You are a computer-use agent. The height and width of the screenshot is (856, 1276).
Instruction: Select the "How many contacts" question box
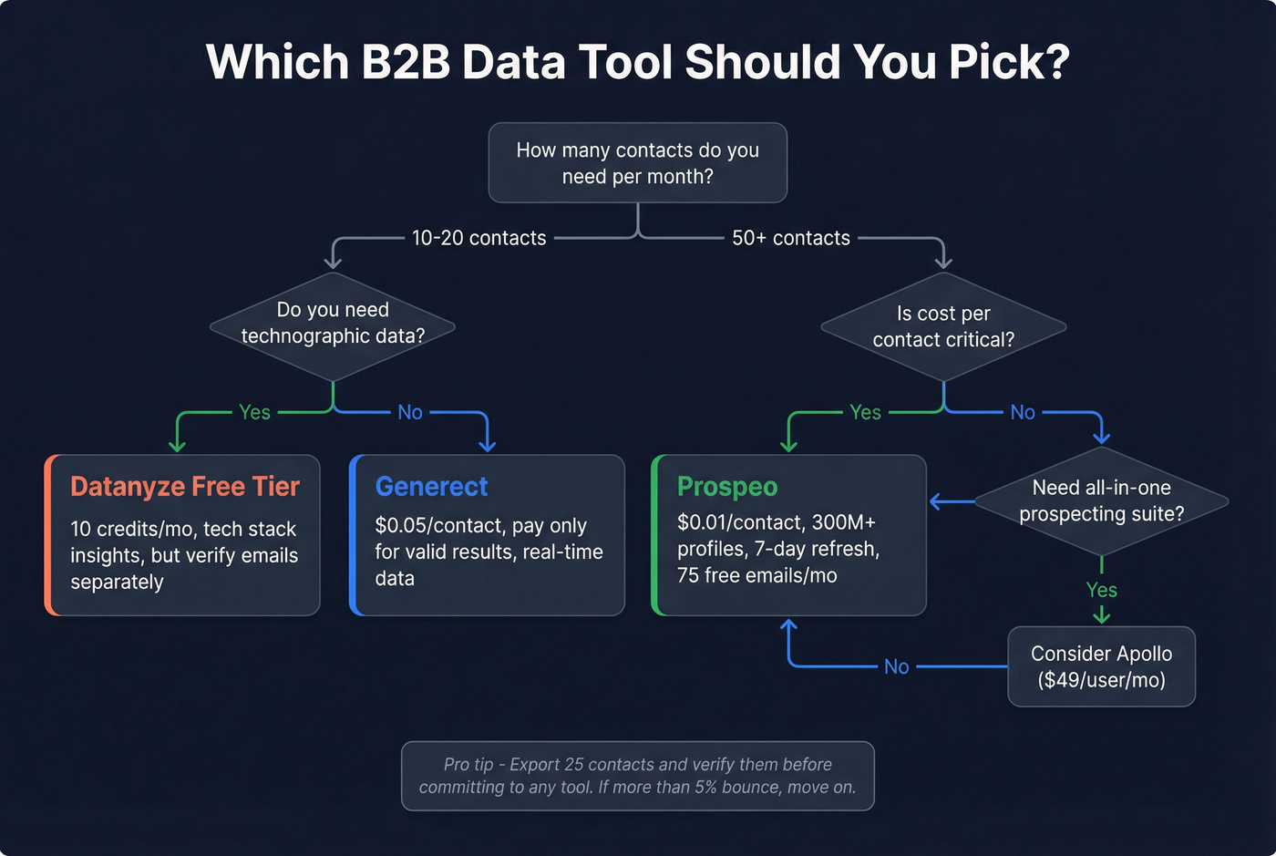[637, 163]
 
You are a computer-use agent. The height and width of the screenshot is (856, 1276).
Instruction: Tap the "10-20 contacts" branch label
[478, 238]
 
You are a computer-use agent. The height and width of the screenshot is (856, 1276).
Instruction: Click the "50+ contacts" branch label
[790, 238]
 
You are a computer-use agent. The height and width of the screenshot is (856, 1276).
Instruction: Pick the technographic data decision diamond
[333, 325]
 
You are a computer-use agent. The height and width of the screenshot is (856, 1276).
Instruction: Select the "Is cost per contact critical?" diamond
[943, 326]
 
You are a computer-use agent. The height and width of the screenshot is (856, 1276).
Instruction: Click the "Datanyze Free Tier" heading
[185, 487]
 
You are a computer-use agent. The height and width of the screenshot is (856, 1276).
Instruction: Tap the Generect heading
[431, 487]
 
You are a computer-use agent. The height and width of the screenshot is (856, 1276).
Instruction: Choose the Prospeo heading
[727, 487]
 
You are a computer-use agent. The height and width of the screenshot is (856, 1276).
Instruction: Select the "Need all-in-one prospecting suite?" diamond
[1101, 500]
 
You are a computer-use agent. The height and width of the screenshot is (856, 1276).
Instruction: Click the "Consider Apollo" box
[1101, 666]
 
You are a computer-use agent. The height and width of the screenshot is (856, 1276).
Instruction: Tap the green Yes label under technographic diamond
[254, 412]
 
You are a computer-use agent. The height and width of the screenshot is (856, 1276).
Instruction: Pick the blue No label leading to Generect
[410, 412]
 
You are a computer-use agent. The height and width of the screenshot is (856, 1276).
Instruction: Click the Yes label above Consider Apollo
[1101, 590]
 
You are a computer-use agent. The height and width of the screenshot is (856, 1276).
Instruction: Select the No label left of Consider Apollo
[896, 667]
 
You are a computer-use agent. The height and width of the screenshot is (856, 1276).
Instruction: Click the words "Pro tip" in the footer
[468, 765]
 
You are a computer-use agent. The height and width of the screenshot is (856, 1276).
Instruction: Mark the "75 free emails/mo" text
[756, 575]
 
